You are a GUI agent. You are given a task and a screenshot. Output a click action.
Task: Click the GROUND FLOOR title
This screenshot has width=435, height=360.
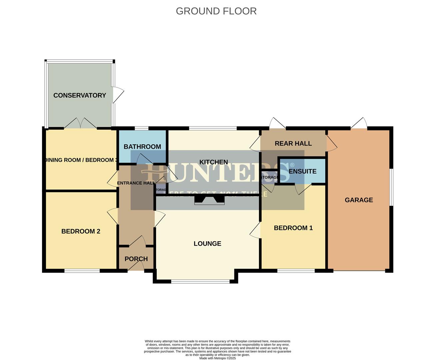[x=216, y=11]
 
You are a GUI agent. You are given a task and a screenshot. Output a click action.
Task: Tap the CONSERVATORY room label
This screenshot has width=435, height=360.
[x=80, y=95]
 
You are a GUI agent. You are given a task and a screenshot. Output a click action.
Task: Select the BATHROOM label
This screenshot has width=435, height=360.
[x=142, y=147]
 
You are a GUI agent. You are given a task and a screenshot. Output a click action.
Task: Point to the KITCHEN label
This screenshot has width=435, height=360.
[x=214, y=162]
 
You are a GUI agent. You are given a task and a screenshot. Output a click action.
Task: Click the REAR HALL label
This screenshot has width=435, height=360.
[x=293, y=143]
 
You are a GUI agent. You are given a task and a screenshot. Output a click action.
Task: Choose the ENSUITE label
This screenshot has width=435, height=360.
[x=302, y=171]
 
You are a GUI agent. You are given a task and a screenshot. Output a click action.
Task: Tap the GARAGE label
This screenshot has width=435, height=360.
[x=359, y=200]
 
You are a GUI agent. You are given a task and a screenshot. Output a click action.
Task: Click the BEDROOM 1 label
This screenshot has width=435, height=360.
[x=293, y=228]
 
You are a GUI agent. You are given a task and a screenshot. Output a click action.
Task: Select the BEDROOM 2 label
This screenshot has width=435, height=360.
[x=81, y=231]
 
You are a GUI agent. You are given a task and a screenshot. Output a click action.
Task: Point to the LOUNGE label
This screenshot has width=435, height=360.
[x=207, y=244]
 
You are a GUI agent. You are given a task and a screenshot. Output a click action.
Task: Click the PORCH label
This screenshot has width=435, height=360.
[x=136, y=259]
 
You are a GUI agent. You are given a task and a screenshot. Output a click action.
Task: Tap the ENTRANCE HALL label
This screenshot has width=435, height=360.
[x=136, y=183]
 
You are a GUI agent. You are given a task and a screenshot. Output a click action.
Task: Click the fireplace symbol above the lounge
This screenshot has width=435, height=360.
[x=209, y=200]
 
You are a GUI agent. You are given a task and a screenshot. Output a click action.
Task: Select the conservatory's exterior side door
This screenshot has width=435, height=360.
[x=118, y=95]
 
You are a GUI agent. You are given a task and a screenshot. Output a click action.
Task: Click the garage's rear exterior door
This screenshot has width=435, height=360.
[x=359, y=124]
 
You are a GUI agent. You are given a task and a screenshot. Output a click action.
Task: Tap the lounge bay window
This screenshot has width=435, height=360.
[x=201, y=282]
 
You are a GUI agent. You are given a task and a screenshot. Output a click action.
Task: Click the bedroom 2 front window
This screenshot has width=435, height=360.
[x=82, y=271]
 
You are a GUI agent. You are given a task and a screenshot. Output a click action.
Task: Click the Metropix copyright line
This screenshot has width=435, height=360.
[x=217, y=358]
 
